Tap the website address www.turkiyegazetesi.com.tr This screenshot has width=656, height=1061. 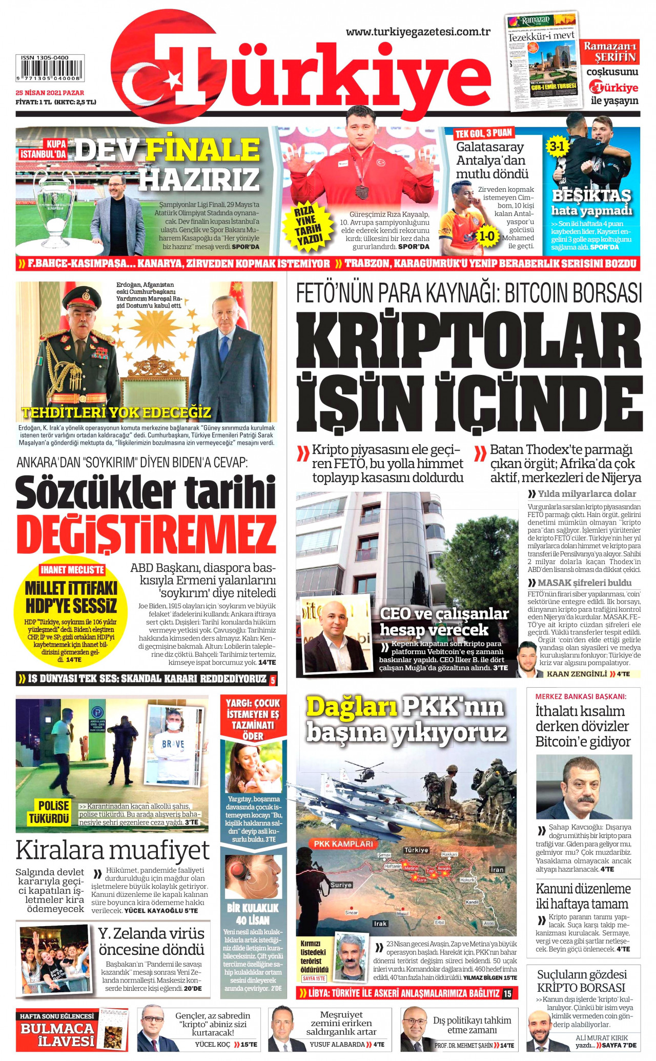pyautogui.click(x=418, y=32)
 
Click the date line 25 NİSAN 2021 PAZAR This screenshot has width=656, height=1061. pyautogui.click(x=50, y=93)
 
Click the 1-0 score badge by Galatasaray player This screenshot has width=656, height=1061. pyautogui.click(x=486, y=236)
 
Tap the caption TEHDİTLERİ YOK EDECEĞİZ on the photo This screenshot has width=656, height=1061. pyautogui.click(x=116, y=412)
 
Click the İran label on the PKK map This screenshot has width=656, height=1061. pyautogui.click(x=497, y=870)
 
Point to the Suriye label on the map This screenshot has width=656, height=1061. pyautogui.click(x=341, y=885)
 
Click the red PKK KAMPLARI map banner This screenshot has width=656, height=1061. pyautogui.click(x=343, y=844)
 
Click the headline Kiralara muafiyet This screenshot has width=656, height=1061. pyautogui.click(x=113, y=850)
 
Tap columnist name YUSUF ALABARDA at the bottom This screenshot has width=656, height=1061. pyautogui.click(x=337, y=1045)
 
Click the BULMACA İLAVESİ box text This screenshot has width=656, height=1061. pyautogui.click(x=57, y=1034)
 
